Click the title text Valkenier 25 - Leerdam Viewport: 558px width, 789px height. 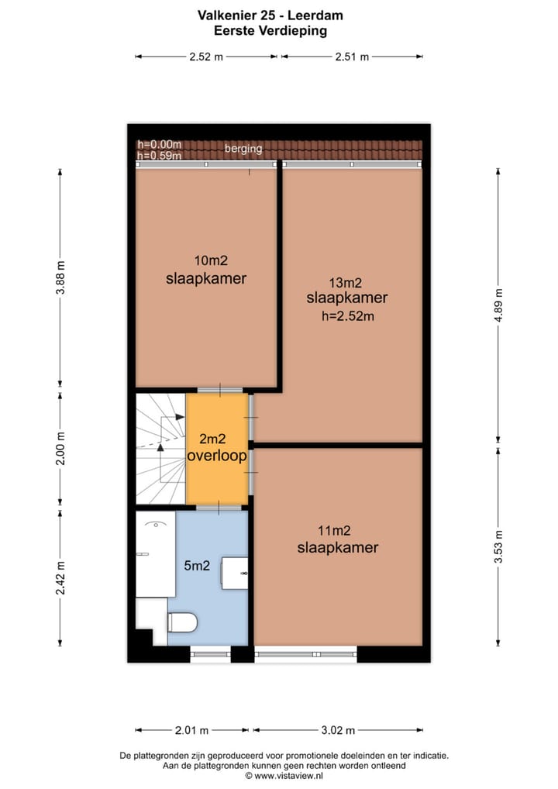(270, 15)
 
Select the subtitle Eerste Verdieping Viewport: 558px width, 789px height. (270, 31)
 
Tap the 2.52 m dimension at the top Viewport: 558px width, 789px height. (205, 57)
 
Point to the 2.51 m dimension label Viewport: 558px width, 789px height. (352, 57)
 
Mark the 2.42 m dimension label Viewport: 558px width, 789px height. (61, 577)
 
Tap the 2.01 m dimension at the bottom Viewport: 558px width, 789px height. (192, 730)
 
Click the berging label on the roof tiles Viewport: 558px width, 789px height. (243, 149)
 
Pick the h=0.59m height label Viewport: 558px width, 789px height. (159, 156)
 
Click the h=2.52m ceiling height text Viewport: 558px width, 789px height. (347, 315)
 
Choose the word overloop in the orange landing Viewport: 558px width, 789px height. (217, 457)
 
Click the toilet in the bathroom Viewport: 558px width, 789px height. (183, 622)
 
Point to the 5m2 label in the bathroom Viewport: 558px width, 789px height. (197, 567)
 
